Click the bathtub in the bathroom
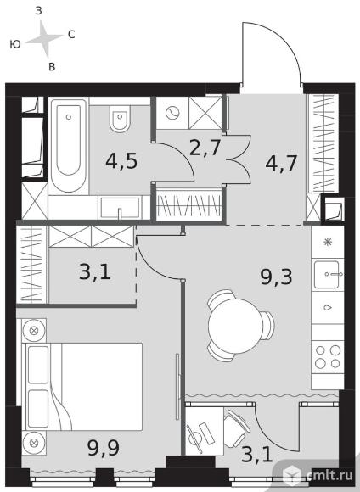(69, 145)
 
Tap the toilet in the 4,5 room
(120, 120)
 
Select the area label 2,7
(205, 148)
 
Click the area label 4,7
(281, 163)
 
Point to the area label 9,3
(276, 277)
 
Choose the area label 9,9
(104, 447)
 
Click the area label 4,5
(121, 161)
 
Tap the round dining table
(235, 326)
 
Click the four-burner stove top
(328, 357)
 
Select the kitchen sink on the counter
(328, 274)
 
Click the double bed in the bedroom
(82, 386)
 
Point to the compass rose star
(44, 39)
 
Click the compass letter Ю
(15, 44)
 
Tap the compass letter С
(71, 35)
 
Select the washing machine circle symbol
(172, 113)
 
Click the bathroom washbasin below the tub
(120, 208)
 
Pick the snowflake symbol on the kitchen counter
(328, 242)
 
